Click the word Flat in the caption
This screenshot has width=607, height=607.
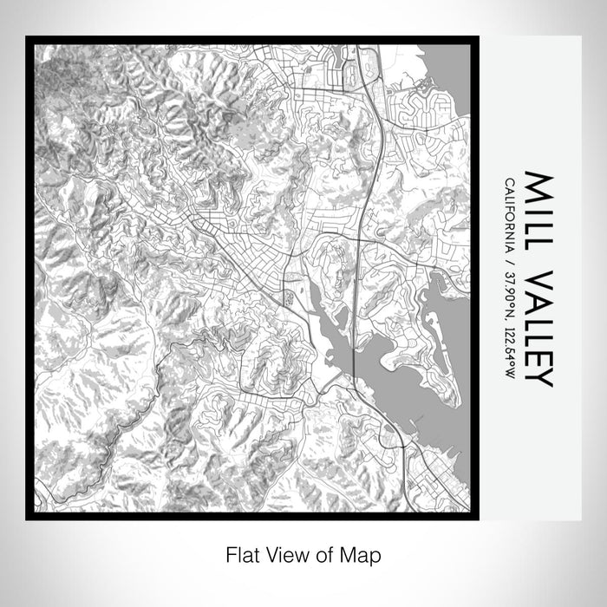tap(242, 553)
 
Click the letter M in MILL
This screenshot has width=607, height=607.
tap(538, 185)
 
